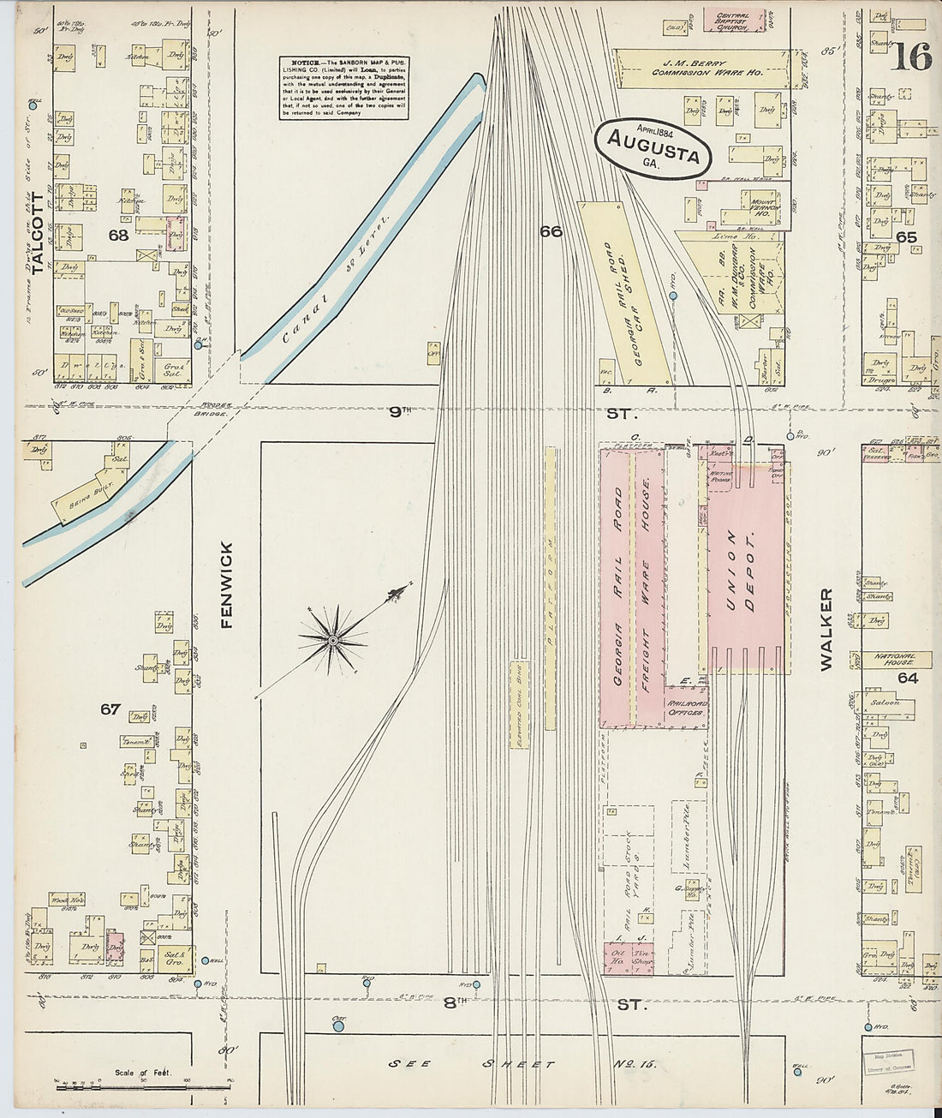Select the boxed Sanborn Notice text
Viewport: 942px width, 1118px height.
point(343,88)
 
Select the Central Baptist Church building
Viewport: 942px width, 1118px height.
point(733,21)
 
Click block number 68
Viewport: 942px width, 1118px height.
point(118,234)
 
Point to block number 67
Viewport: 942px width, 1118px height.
point(110,709)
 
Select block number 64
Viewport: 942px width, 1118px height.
point(908,679)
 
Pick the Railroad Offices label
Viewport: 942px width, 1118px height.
point(685,708)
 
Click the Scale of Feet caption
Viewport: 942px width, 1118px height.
point(142,1072)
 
